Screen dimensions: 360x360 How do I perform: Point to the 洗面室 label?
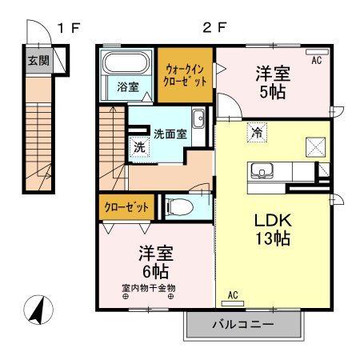click(x=170, y=134)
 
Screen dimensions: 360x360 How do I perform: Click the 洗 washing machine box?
click(x=139, y=147)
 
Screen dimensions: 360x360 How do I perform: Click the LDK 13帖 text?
click(x=272, y=227)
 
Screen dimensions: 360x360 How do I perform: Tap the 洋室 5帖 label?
click(x=273, y=81)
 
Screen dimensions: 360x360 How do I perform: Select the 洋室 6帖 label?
click(x=157, y=262)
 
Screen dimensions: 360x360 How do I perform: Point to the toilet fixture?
click(x=183, y=207)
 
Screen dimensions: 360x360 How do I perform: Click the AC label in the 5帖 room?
click(x=316, y=60)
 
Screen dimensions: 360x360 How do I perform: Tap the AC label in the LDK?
click(x=234, y=295)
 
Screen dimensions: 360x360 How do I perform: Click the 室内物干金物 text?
click(x=148, y=287)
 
